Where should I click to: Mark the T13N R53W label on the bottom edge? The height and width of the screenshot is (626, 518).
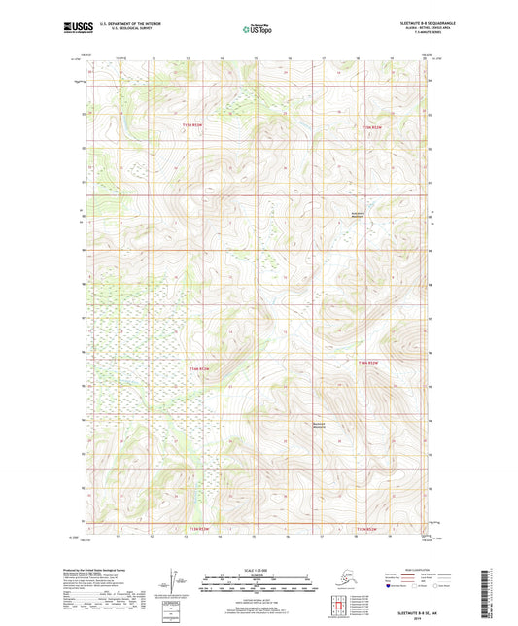(x=198, y=528)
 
